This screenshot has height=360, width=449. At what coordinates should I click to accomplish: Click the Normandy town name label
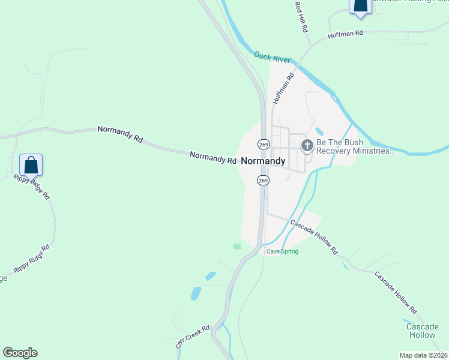tap(263, 161)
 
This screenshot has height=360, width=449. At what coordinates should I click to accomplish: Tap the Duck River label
tap(272, 56)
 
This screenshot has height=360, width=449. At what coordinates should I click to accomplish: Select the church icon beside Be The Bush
tap(307, 145)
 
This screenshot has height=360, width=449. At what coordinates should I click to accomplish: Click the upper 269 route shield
tap(264, 144)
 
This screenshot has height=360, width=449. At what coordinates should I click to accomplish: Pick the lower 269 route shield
tap(264, 180)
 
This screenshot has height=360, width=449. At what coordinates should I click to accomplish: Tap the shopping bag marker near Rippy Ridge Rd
tap(31, 164)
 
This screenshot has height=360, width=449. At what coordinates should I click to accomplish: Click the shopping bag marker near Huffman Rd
tap(360, 5)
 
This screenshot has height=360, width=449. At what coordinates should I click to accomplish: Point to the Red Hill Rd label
tap(301, 16)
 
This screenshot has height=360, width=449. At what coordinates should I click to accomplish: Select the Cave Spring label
tap(282, 251)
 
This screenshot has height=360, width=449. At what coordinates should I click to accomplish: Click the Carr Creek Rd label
tap(192, 337)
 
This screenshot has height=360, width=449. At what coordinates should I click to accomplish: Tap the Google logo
tap(20, 353)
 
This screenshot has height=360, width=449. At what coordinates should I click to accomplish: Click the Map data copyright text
tap(423, 355)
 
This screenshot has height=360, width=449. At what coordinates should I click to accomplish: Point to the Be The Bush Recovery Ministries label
tap(355, 148)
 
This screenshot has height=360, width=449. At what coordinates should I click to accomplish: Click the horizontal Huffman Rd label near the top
tap(346, 35)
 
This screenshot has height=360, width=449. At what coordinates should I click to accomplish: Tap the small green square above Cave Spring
tap(237, 246)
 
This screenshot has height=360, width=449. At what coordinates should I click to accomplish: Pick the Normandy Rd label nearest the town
tap(213, 158)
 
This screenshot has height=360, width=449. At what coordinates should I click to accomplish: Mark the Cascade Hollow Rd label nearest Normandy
tap(315, 238)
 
